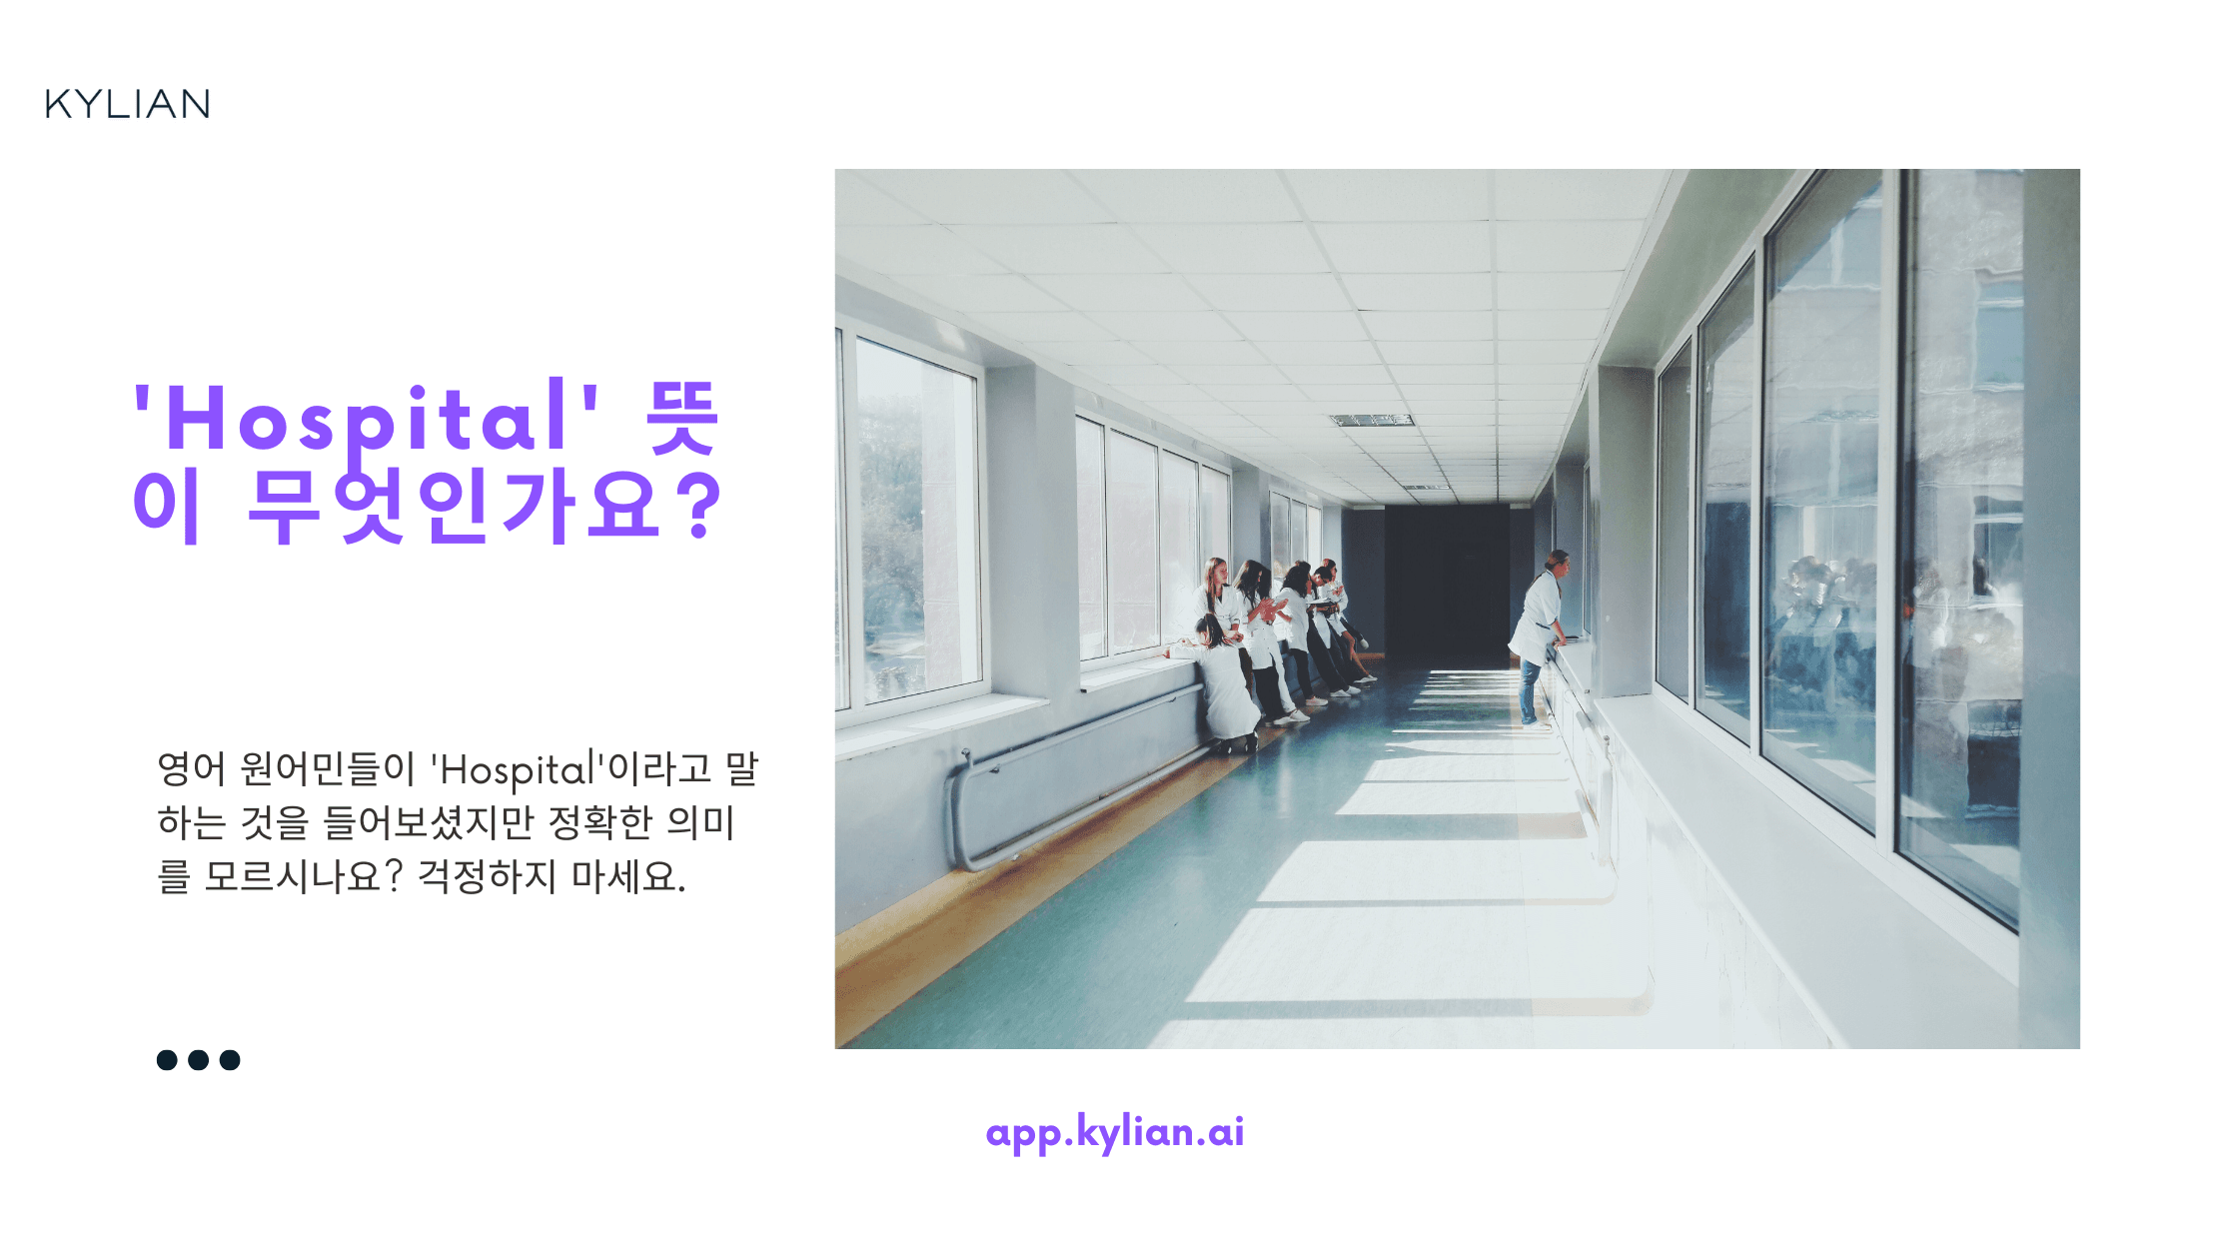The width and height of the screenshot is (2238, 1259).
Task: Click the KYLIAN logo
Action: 128,104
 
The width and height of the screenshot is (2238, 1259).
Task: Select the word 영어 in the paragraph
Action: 192,769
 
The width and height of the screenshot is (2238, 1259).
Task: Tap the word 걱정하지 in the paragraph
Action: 486,877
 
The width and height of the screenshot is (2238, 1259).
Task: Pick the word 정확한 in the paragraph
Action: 600,823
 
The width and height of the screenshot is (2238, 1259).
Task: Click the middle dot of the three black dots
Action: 199,1060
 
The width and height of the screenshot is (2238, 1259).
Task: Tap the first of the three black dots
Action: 167,1060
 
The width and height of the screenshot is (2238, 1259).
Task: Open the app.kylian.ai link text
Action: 1115,1132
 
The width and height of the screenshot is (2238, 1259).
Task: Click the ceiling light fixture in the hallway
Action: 1371,420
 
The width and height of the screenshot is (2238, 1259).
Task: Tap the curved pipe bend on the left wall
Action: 959,809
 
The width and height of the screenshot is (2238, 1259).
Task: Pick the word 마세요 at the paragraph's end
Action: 628,877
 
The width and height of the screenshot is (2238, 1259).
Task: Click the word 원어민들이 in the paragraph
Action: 328,769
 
